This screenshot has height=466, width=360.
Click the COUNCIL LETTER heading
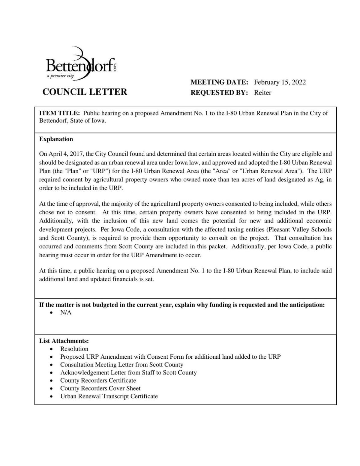point(85,92)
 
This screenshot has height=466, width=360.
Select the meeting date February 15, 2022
point(280,82)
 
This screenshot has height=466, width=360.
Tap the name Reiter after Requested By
point(263,93)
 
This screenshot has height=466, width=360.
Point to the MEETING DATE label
point(219,82)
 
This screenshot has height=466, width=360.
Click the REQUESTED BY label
point(219,93)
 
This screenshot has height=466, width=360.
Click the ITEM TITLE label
point(59,113)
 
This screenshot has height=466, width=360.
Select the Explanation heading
point(56,139)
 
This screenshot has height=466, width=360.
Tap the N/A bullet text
point(66,312)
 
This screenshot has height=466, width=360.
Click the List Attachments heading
point(64,341)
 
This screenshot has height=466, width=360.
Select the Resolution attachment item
point(74,349)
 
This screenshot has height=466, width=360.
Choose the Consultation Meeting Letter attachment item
point(121,365)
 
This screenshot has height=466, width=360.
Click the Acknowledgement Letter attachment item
point(128,372)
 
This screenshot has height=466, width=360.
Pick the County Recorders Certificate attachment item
point(98,380)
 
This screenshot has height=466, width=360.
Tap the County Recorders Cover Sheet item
point(100,388)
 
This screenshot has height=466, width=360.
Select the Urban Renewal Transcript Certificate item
point(109,396)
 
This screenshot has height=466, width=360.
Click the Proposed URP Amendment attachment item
point(170,357)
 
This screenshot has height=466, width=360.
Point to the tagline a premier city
point(60,76)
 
